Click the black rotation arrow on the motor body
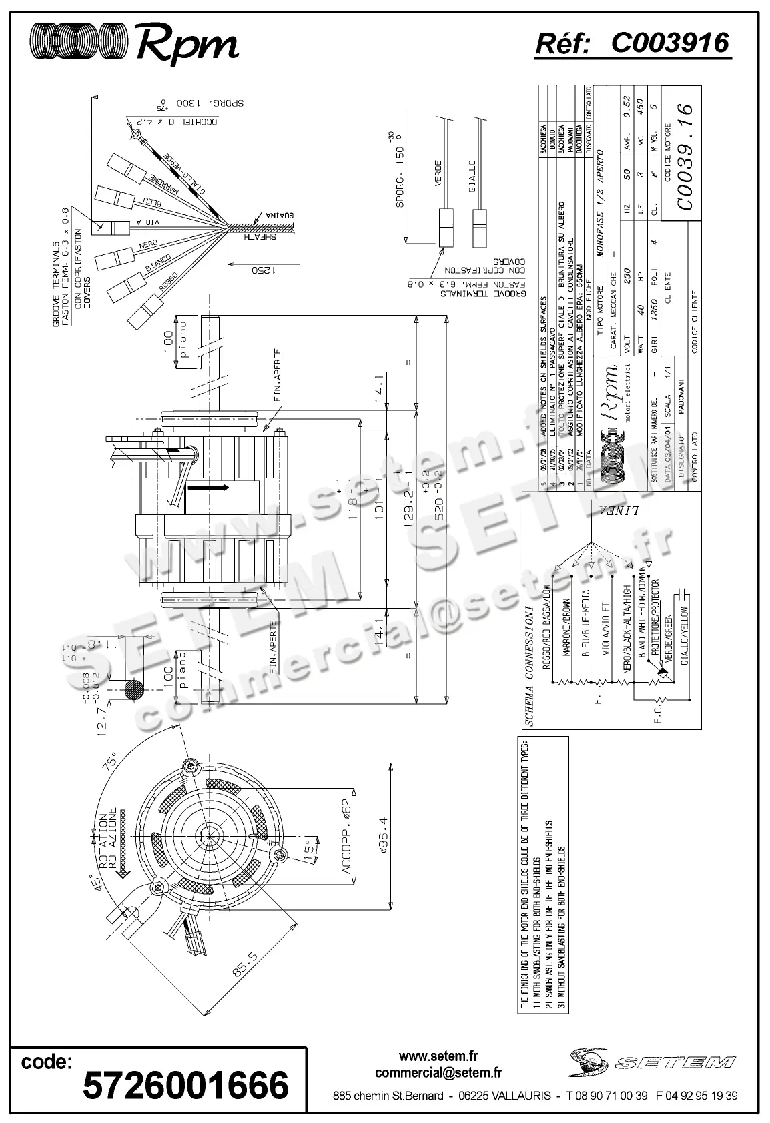[x=208, y=488]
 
